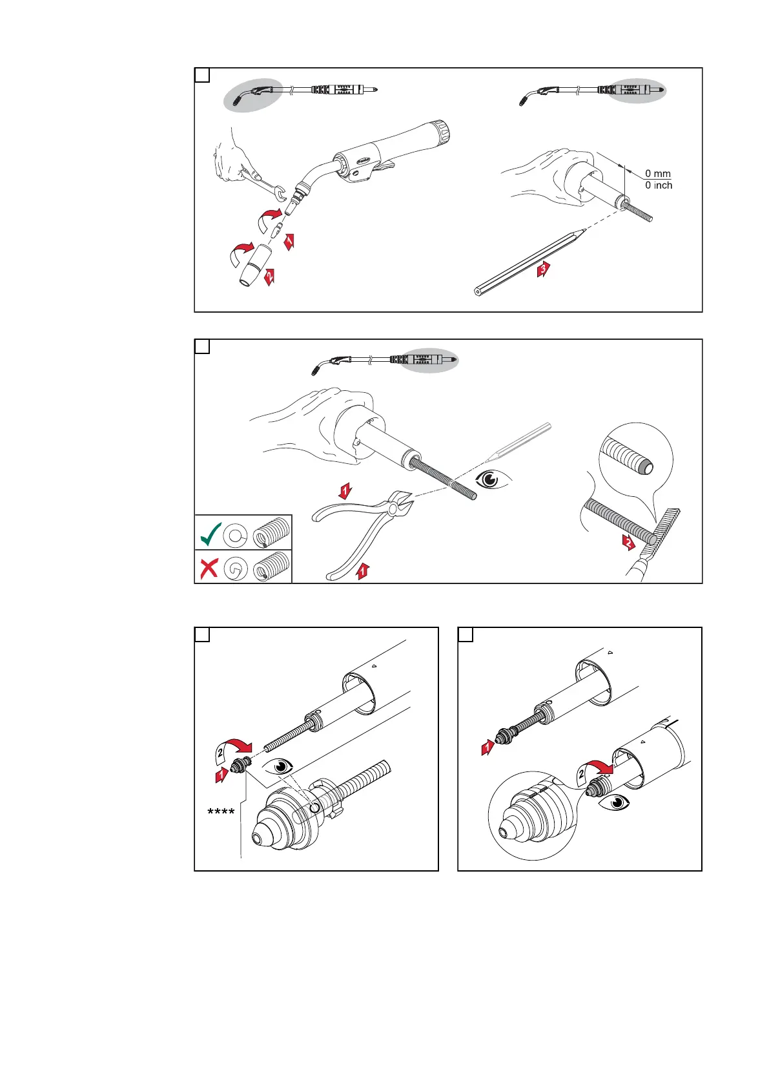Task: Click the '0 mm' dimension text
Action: (658, 174)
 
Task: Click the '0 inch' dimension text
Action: (659, 185)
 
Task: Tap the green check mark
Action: (210, 533)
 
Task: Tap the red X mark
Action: (209, 568)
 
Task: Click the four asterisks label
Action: (221, 812)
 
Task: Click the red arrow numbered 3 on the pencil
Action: (544, 269)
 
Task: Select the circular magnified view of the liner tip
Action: (635, 459)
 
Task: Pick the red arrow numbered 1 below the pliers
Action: (363, 571)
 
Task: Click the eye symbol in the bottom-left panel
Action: (280, 767)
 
